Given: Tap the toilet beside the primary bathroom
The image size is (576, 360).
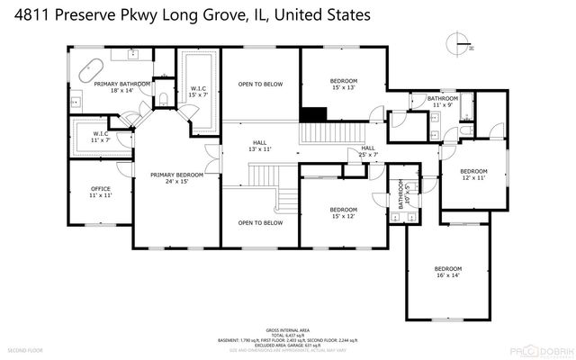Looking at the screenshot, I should (164, 97).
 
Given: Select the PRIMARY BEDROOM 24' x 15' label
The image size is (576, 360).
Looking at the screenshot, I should (176, 178).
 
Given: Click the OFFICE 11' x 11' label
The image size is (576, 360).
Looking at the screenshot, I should (100, 192).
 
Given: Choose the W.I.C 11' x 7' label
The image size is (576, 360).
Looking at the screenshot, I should (100, 137).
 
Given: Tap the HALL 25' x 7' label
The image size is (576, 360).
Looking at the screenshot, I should (368, 151).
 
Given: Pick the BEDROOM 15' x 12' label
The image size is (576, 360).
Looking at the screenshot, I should (342, 211).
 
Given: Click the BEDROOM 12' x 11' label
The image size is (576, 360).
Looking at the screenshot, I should (473, 175).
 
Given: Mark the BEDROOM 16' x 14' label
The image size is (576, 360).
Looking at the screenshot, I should (447, 273).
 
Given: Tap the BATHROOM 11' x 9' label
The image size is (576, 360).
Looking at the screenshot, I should (443, 101).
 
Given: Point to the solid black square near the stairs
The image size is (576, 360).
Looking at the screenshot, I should (312, 115).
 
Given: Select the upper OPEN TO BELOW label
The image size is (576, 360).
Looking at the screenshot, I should (260, 85).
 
